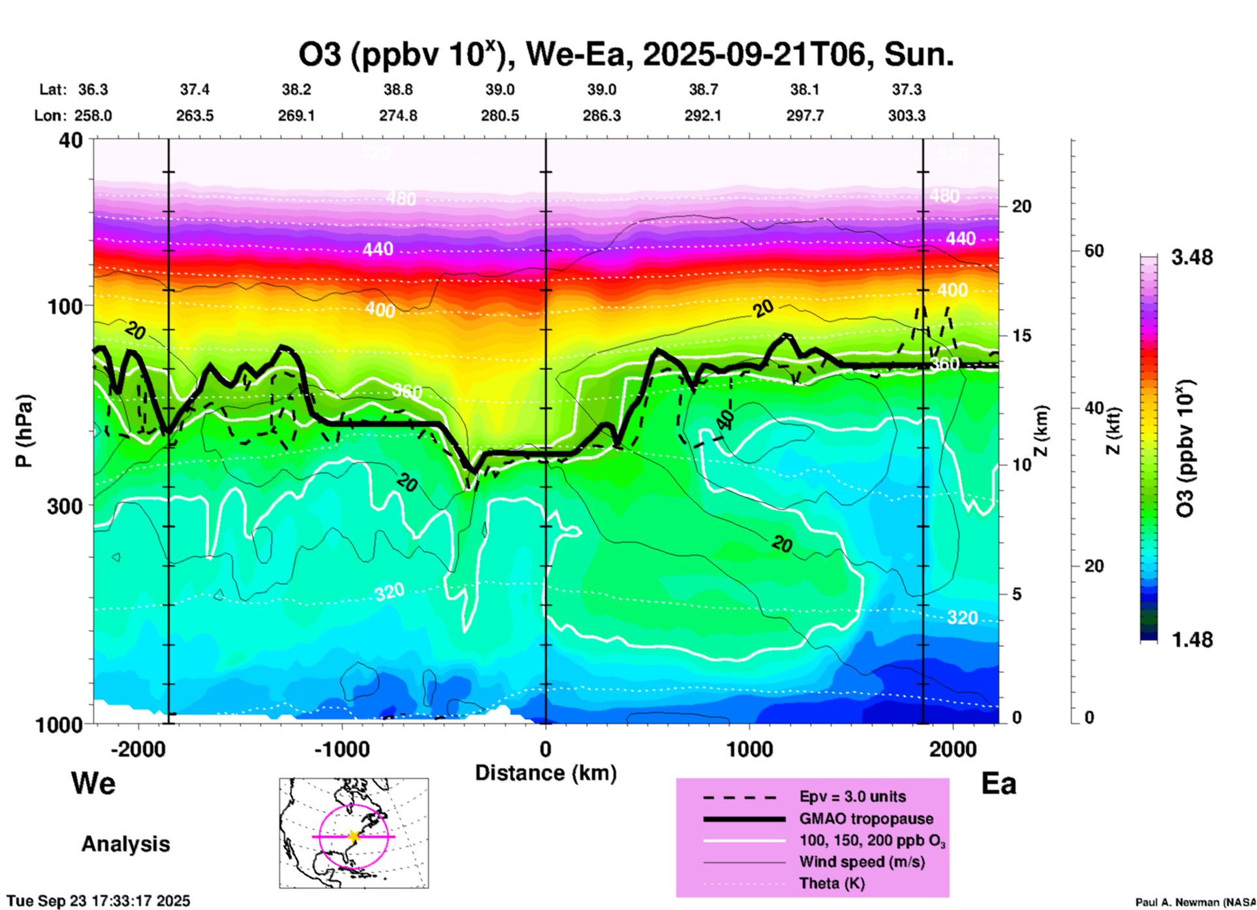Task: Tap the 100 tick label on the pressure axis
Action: click(x=70, y=306)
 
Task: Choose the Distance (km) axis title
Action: click(x=546, y=773)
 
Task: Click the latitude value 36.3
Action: click(x=93, y=89)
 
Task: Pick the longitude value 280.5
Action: click(x=500, y=116)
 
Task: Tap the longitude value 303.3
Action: click(x=906, y=116)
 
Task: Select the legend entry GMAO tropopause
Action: click(x=866, y=819)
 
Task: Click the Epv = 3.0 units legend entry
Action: click(x=852, y=796)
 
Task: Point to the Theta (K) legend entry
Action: click(x=831, y=883)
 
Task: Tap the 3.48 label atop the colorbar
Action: click(x=1192, y=258)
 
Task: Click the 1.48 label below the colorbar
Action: click(x=1192, y=640)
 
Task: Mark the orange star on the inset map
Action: click(x=354, y=836)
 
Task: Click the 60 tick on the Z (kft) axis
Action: click(x=1093, y=251)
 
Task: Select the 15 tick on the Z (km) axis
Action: click(x=1021, y=336)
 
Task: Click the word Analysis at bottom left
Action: click(x=125, y=844)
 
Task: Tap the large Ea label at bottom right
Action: click(x=999, y=784)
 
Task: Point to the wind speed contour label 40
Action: click(x=726, y=418)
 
